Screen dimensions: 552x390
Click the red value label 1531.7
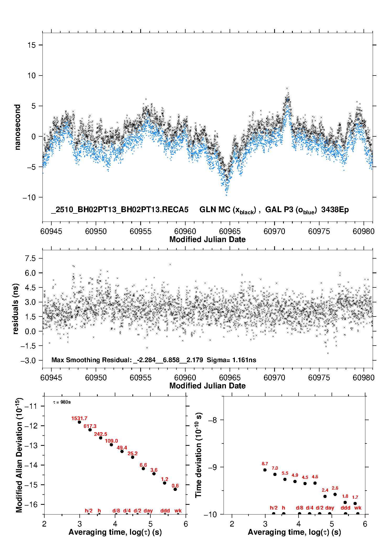click(79, 418)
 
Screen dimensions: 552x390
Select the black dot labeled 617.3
click(90, 430)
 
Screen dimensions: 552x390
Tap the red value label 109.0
click(111, 441)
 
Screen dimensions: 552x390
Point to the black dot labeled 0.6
click(175, 489)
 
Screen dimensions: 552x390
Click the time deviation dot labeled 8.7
click(265, 470)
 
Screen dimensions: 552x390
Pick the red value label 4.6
click(315, 477)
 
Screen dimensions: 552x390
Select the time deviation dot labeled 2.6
click(335, 494)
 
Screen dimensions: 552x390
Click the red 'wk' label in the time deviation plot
click(358, 508)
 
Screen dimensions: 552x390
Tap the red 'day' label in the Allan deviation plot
click(148, 511)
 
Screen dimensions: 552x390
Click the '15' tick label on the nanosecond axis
click(31, 45)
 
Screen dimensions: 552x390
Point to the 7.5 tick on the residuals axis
click(30, 258)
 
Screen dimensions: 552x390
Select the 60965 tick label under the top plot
click(230, 231)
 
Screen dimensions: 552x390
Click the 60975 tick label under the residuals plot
click(319, 378)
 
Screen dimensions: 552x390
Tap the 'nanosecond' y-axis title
click(17, 127)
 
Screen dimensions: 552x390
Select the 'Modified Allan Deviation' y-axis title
click(19, 455)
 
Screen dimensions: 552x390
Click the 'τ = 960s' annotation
click(62, 402)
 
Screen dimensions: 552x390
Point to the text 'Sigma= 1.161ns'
click(231, 360)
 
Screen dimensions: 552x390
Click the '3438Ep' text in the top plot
click(335, 210)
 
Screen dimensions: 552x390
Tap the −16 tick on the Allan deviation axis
click(31, 504)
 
